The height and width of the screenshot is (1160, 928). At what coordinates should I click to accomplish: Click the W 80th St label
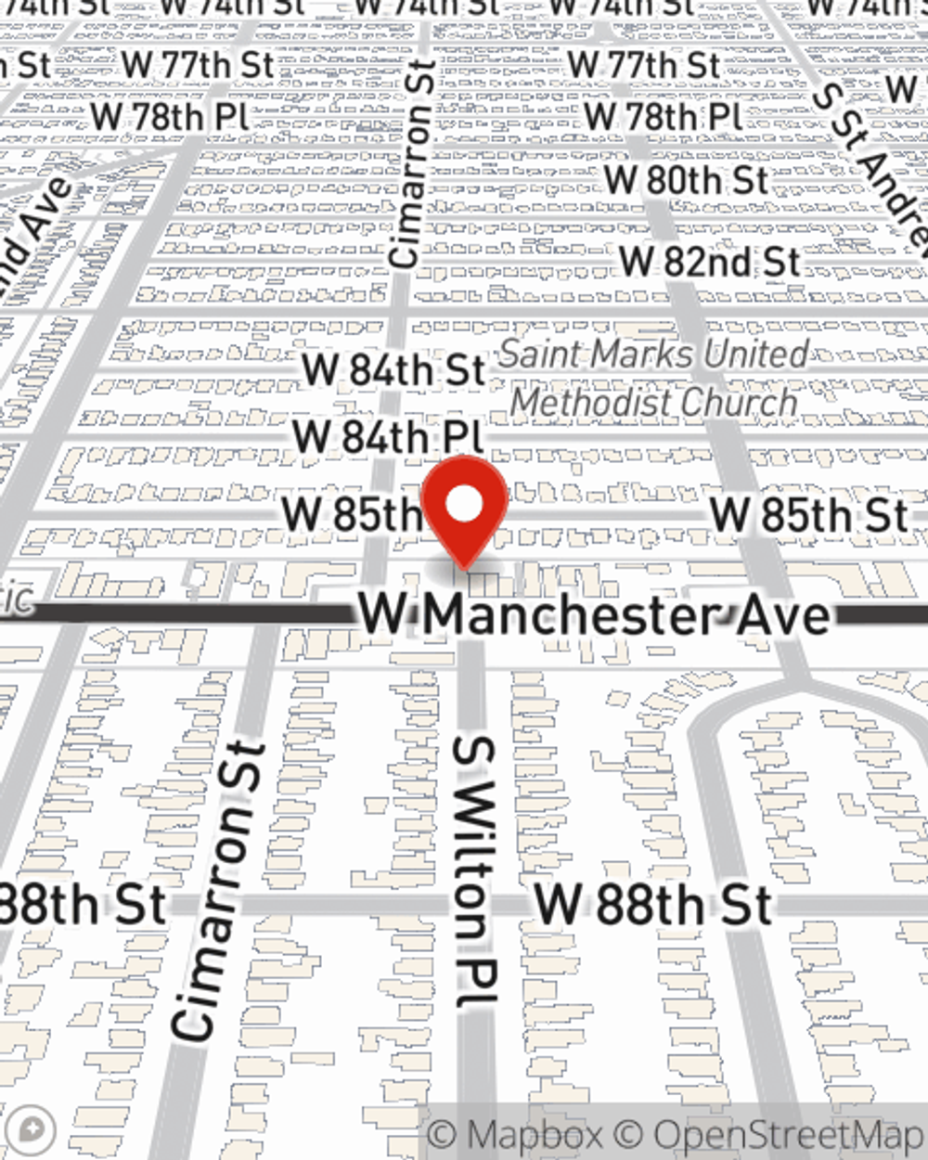687,179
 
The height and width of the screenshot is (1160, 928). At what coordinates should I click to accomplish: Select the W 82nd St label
710,261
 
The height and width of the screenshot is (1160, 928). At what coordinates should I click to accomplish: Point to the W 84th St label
393,368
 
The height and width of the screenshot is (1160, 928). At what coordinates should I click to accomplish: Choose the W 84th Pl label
388,436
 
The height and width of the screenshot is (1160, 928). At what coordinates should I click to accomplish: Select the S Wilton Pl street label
476,872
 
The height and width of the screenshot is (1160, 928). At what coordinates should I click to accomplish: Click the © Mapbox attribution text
515,1135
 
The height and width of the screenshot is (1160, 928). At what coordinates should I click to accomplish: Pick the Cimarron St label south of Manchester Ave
219,891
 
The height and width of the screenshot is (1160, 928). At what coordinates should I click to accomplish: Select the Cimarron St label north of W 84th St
412,164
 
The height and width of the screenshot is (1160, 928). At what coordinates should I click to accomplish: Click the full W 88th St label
653,904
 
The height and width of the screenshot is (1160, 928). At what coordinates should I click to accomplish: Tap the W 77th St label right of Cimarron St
644,65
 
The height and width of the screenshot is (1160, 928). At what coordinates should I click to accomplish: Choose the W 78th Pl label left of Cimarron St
170,117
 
